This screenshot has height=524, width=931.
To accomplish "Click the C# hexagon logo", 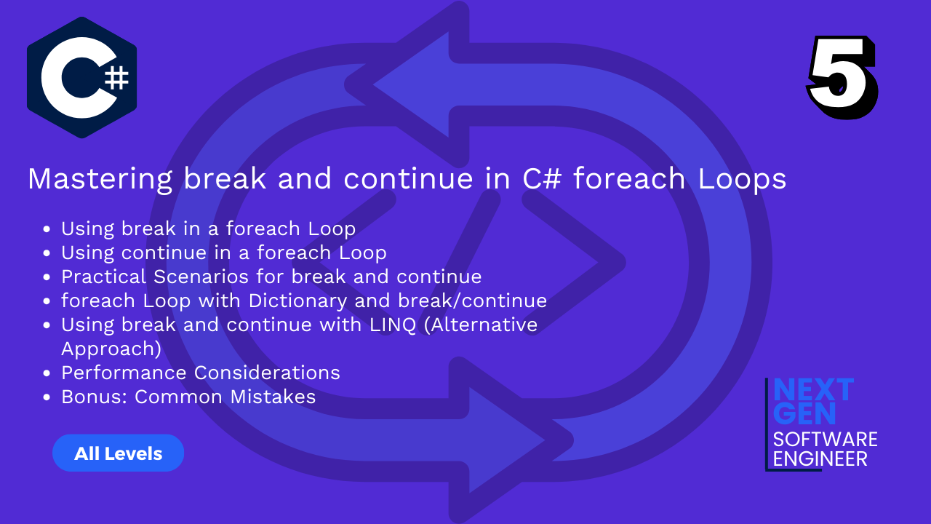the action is coord(82,77).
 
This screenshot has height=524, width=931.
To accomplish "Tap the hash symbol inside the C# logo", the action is coord(116,78).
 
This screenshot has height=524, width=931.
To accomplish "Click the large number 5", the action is coord(842,77).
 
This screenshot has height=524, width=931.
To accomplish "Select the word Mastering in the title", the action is coord(100,179).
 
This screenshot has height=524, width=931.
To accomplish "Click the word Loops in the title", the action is coord(742,179).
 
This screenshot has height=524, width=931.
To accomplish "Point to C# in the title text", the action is coord(542,179).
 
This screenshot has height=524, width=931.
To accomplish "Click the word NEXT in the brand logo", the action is coord(813,390).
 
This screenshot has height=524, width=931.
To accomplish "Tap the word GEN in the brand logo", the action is coord(804,413).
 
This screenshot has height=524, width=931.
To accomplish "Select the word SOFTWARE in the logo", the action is coord(825,440).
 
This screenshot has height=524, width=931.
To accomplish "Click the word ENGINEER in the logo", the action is coord(820,459).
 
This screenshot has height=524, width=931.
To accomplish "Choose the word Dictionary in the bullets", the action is coord(297,301).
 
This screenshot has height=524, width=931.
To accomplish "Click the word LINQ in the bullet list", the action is coord(393,325).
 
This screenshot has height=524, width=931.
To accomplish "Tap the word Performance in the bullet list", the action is coord(124,373).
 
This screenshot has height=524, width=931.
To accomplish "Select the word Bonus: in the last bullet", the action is coord(95,397).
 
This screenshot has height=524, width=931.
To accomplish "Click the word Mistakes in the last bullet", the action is coord(273,397).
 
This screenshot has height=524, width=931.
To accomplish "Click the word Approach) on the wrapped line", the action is coord(111,349).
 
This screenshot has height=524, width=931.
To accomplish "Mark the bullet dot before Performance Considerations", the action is coord(47,373).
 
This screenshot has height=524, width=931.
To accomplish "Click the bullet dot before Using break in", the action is coord(47,229).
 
